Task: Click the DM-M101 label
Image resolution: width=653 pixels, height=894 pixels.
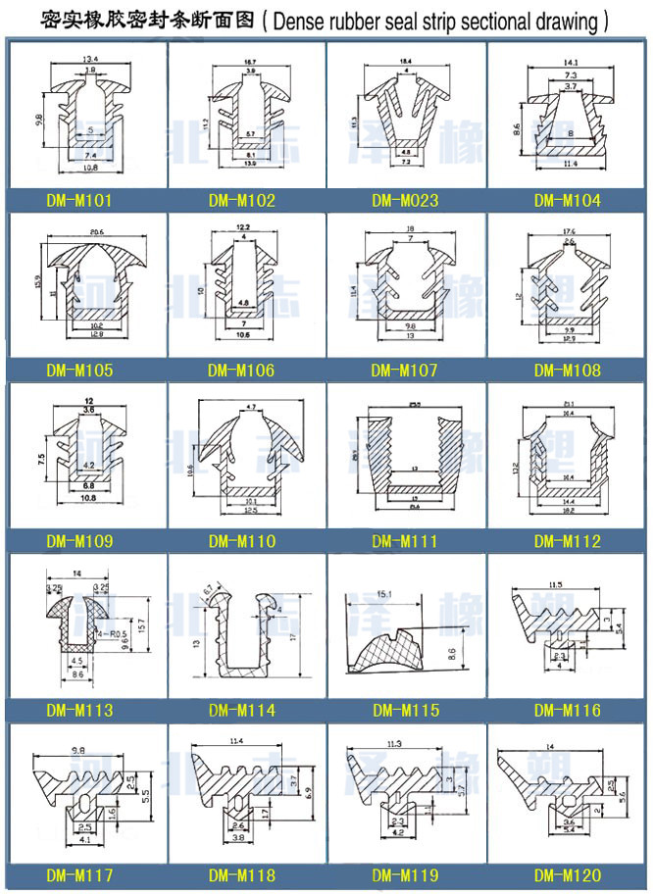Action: [x=79, y=202]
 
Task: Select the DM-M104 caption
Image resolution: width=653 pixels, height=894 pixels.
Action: [x=568, y=202]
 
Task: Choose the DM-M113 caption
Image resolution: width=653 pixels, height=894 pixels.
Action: [x=79, y=711]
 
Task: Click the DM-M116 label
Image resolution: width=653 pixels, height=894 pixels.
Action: [x=568, y=711]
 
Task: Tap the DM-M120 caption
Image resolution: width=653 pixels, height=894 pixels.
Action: [x=568, y=875]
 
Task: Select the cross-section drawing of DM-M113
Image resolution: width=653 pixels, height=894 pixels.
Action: [x=79, y=627]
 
